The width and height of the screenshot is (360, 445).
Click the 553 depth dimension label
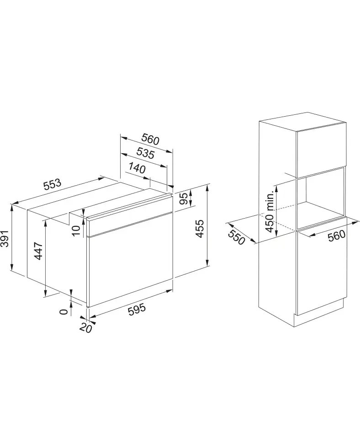point(52,184)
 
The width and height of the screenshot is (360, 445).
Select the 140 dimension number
point(137,168)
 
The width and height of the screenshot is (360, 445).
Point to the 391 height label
point(5,239)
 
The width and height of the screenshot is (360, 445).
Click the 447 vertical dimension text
point(38,251)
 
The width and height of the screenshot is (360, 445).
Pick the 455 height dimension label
point(200,229)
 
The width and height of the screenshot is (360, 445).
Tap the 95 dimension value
point(184,198)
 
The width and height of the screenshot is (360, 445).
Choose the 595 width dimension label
point(137,309)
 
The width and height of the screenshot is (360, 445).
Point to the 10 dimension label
point(76,230)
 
